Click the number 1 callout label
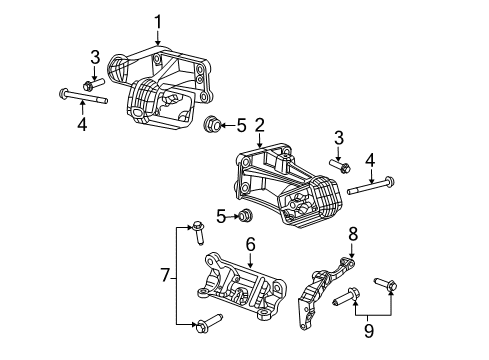coord(157,20)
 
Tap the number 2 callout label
coord(259,125)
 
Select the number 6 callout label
coord(250,242)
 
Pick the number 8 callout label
coord(352,234)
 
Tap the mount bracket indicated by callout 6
coord(240,290)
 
